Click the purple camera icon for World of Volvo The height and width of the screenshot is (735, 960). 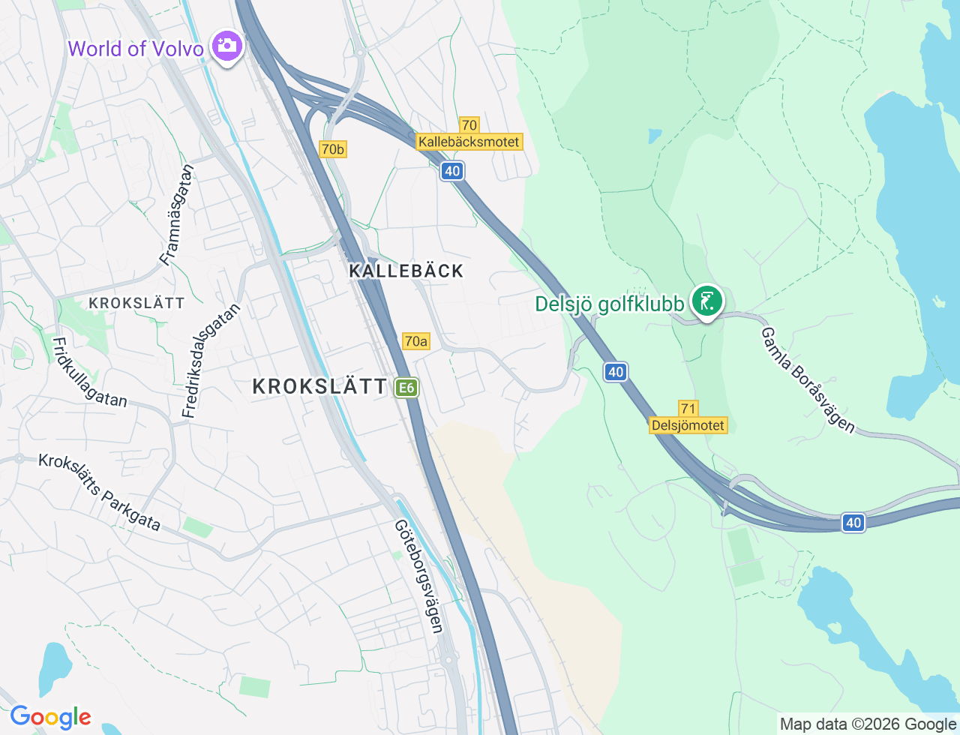(226, 46)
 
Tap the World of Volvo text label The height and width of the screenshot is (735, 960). (136, 49)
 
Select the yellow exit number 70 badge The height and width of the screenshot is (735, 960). (469, 125)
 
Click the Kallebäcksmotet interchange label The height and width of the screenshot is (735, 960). (469, 142)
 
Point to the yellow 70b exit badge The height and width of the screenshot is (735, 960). (332, 149)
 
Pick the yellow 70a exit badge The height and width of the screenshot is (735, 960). (415, 341)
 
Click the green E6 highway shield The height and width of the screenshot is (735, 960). (406, 388)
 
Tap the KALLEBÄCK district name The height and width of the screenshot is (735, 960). (406, 271)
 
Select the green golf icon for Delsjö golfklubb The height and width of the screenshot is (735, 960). (706, 301)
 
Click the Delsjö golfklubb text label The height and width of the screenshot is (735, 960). (609, 304)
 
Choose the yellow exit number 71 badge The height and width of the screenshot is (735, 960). (688, 409)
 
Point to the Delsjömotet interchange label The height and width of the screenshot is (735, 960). (688, 425)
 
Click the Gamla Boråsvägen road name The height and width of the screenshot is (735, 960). (808, 379)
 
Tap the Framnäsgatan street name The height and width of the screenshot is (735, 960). (177, 215)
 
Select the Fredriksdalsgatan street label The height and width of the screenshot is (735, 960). (212, 360)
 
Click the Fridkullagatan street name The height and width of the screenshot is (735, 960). (89, 372)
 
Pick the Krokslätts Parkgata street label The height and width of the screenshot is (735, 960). (100, 492)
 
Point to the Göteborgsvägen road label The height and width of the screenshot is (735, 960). (418, 576)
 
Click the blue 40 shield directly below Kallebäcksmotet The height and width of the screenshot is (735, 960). (451, 171)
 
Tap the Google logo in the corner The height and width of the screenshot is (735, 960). (50, 718)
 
